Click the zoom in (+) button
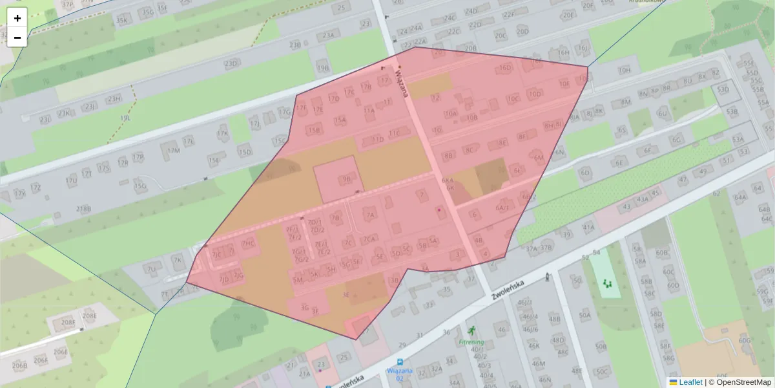17,18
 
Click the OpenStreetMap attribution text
743,382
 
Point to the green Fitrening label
471,341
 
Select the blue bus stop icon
400,362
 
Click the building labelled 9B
347,179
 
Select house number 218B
84,208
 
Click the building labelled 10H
624,70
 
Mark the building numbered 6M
539,157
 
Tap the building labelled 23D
231,63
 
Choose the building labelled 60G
744,340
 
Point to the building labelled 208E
89,316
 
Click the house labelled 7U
152,268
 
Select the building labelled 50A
584,316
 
